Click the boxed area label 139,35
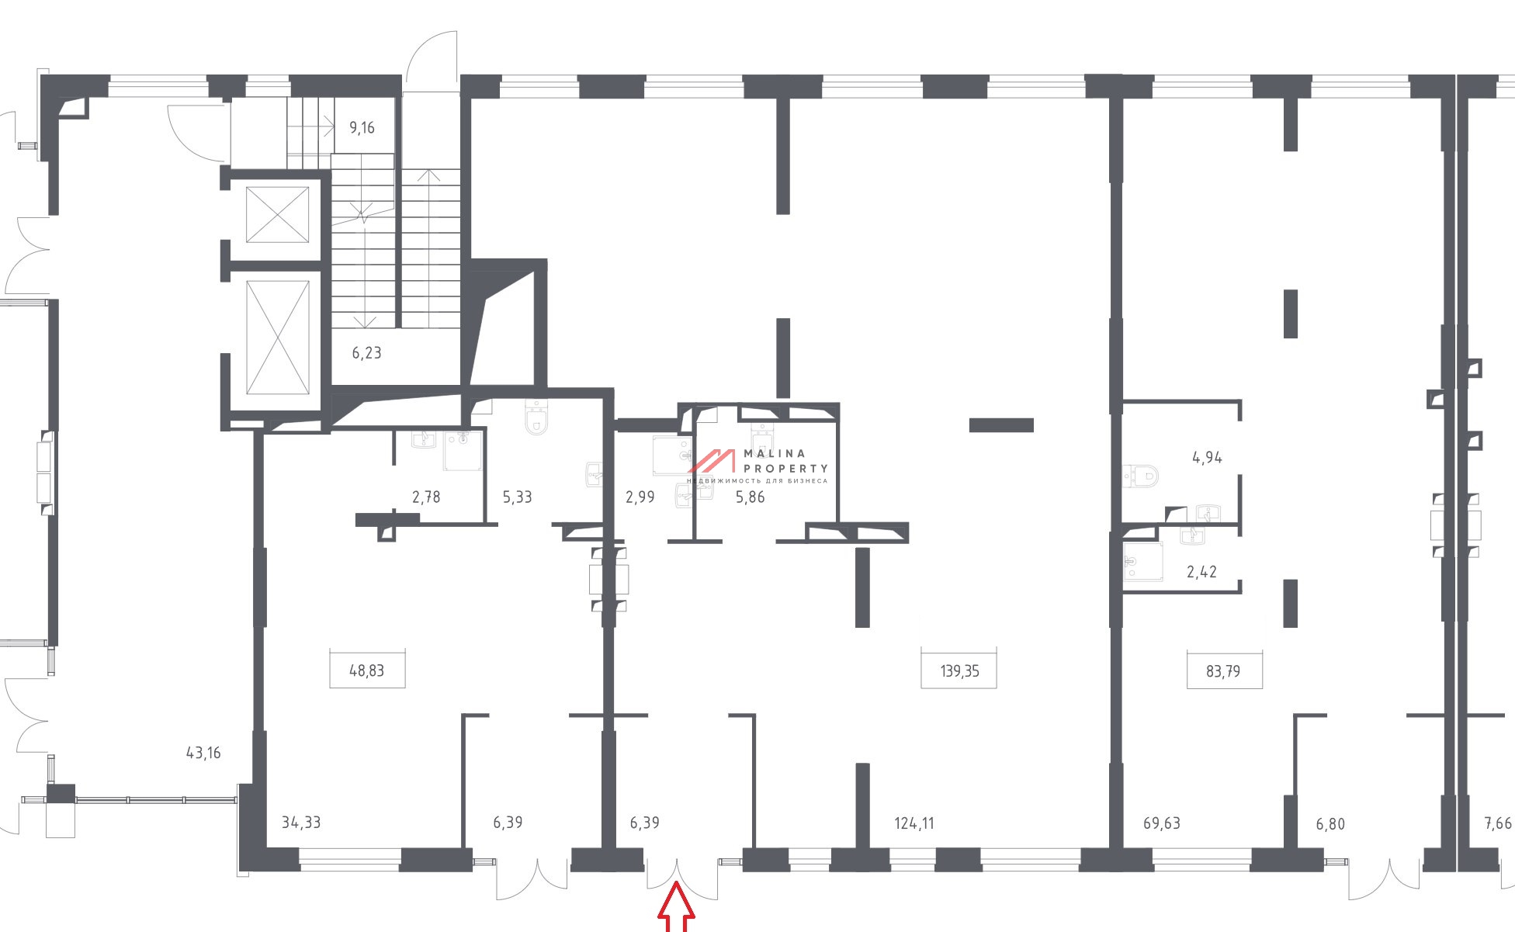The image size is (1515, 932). (x=959, y=670)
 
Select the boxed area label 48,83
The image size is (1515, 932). (x=366, y=670)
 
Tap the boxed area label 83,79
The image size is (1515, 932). (x=1223, y=670)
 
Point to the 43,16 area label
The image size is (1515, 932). (x=203, y=752)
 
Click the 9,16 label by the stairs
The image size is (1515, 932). (x=362, y=127)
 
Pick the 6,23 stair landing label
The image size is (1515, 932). (x=366, y=352)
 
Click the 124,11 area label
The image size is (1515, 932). (x=914, y=823)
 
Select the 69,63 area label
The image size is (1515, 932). (x=1162, y=823)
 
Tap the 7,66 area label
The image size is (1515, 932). (x=1498, y=823)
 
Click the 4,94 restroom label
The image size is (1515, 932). (x=1207, y=457)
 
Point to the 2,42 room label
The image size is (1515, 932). (x=1201, y=572)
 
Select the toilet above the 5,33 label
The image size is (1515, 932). (x=536, y=417)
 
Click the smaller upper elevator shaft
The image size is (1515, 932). (x=278, y=214)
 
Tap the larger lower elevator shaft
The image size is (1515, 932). (x=278, y=338)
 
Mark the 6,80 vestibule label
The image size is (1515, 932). (x=1330, y=823)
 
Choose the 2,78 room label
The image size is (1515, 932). (x=426, y=497)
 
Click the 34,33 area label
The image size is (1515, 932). (x=300, y=823)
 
